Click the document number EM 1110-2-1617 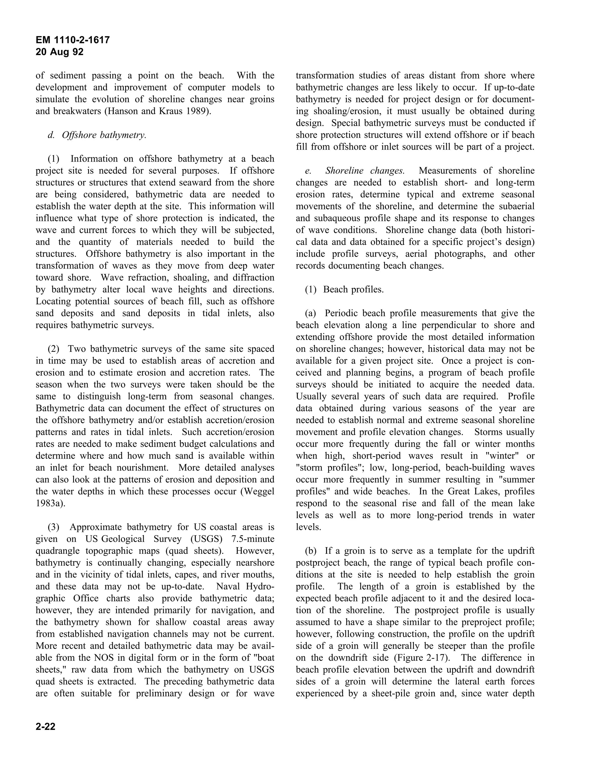(72, 40)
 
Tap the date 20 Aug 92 (59, 52)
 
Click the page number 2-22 (46, 727)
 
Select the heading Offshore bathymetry (104, 135)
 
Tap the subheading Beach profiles (353, 289)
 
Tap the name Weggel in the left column (259, 491)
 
